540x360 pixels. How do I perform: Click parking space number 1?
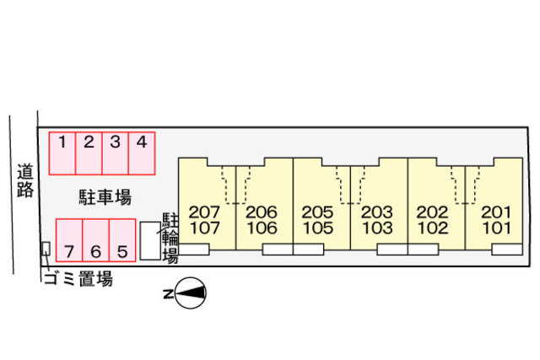62,153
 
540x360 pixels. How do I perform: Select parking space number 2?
89,153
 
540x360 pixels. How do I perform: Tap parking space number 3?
115,153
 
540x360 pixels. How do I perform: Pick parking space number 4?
142,153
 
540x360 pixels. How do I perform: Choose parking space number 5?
122,240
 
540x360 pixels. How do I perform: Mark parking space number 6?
95,240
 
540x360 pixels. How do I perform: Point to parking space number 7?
69,240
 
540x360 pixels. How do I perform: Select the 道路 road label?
24,180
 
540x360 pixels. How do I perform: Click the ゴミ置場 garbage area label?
77,279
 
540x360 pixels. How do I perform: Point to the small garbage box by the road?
46,250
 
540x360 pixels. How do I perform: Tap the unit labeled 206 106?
262,219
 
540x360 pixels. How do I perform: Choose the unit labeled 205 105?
319,219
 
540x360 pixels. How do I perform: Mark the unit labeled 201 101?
495,219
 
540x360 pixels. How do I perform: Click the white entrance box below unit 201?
507,250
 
